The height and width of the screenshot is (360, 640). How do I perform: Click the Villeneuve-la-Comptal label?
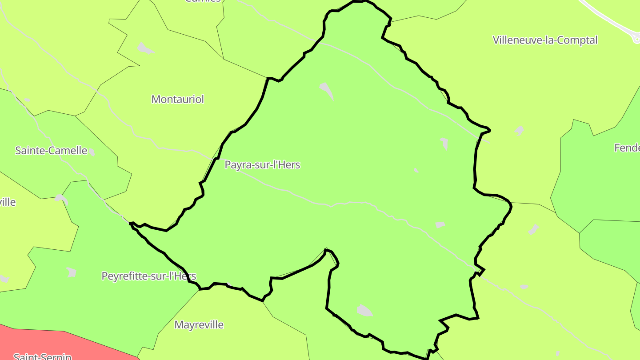point(545,40)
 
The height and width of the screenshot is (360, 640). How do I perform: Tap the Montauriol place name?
point(178,99)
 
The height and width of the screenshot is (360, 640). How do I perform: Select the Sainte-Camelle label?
point(51,151)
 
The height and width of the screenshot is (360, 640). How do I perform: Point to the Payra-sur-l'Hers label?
point(262,165)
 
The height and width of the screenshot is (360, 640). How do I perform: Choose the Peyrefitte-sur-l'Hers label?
point(149,276)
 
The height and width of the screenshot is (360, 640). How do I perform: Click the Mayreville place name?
point(199,325)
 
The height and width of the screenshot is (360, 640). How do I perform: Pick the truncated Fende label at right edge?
point(627,148)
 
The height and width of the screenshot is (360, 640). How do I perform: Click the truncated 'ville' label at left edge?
point(8,202)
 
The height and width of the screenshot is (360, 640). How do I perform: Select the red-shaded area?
point(53,342)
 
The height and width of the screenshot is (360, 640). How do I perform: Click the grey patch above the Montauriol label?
point(144,48)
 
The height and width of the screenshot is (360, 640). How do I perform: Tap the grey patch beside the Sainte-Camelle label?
point(92,152)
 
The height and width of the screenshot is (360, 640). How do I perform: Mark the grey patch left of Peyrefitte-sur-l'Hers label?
point(71,272)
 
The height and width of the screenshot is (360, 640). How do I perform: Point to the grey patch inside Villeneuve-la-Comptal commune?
point(519,131)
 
